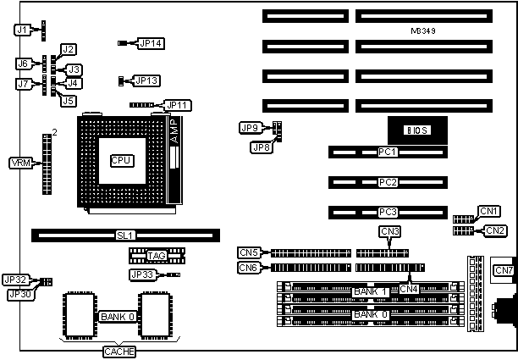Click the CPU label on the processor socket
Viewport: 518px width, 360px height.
pyautogui.click(x=122, y=159)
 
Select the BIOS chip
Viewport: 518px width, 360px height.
pyautogui.click(x=416, y=130)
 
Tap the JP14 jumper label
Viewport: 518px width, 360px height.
pyautogui.click(x=150, y=42)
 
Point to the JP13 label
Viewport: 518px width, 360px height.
pyautogui.click(x=147, y=80)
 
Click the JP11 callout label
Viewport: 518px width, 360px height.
pyautogui.click(x=179, y=105)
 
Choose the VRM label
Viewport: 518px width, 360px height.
pyautogui.click(x=20, y=163)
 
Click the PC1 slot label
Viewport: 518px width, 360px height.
pyautogui.click(x=388, y=152)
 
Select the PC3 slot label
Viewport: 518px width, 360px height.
pyautogui.click(x=388, y=212)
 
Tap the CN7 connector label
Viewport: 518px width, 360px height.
pyautogui.click(x=503, y=270)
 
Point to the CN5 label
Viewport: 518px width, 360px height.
pyautogui.click(x=249, y=252)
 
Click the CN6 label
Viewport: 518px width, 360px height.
pyautogui.click(x=249, y=267)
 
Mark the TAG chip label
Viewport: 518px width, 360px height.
pyautogui.click(x=157, y=256)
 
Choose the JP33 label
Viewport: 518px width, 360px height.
pyautogui.click(x=141, y=274)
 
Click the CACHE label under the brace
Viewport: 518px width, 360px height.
pyautogui.click(x=118, y=351)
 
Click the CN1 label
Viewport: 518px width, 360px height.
pyautogui.click(x=486, y=211)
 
